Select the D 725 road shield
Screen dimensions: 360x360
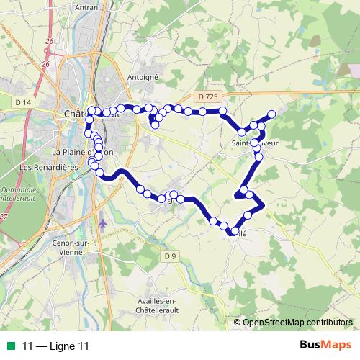tap(207, 96)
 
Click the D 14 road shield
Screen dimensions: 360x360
tap(22, 103)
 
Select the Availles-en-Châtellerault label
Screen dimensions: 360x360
tap(166, 305)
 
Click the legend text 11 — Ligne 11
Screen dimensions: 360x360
tap(55, 346)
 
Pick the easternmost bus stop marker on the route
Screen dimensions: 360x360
tap(271, 114)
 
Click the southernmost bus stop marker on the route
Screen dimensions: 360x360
tap(235, 231)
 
